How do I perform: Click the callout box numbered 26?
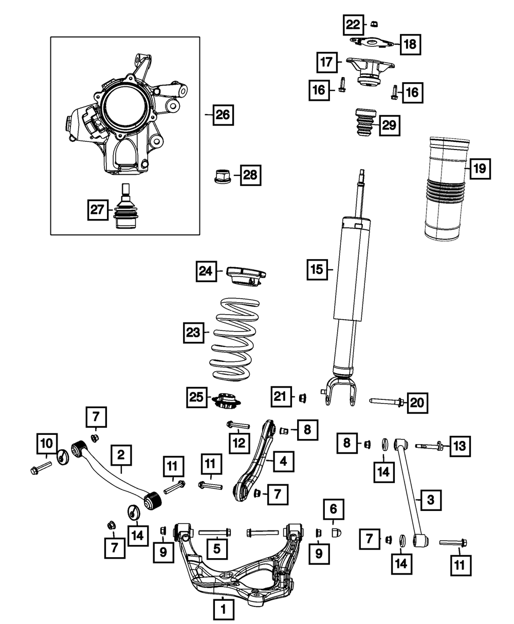click(223, 115)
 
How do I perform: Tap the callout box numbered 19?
click(479, 168)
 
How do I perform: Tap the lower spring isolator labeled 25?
click(226, 400)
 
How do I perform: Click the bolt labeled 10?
click(38, 468)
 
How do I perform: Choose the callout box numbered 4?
click(283, 462)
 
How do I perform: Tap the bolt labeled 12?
click(237, 426)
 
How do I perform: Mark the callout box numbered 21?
click(280, 397)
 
